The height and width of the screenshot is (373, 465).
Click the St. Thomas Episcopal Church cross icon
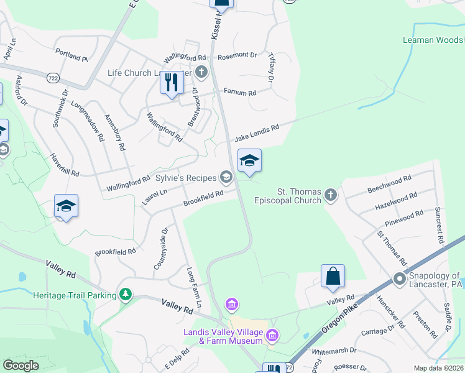(331, 195)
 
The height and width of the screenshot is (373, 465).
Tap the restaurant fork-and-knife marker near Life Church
(171, 83)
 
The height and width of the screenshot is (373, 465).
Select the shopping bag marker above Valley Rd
(333, 276)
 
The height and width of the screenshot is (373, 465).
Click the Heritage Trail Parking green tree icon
(126, 293)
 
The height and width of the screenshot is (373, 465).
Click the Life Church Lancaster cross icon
(201, 72)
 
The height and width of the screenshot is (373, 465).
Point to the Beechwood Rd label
(390, 178)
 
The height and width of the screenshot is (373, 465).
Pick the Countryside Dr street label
(160, 249)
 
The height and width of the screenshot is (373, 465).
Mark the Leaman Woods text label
(441, 40)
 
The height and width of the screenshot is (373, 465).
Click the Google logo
(21, 366)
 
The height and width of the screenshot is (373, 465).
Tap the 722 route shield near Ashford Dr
(53, 78)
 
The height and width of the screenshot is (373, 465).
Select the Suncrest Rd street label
(439, 224)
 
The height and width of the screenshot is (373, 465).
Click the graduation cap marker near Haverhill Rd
(66, 206)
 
